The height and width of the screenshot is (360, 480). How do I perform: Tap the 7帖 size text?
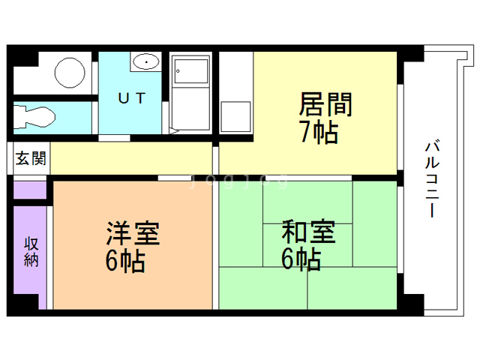click(319, 133)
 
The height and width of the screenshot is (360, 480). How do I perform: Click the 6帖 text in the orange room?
click(125, 261)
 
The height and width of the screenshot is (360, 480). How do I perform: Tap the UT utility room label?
click(132, 97)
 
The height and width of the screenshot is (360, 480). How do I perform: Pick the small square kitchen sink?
click(235, 117)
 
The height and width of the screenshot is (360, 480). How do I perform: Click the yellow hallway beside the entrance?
click(131, 158)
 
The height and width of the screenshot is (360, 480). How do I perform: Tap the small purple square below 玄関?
click(30, 189)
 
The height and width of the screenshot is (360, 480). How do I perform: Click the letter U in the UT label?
click(123, 97)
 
